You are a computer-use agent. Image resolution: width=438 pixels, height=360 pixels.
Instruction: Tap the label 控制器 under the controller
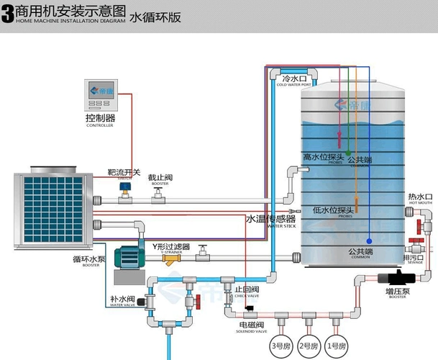tap(100, 117)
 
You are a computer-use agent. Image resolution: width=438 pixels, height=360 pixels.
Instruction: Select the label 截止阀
tap(160, 177)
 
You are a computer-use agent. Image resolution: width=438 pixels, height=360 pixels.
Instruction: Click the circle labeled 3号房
tap(278, 346)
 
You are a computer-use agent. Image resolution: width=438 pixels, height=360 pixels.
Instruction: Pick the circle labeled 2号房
tap(307, 346)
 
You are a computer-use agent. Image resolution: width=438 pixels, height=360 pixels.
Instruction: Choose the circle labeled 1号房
tap(336, 346)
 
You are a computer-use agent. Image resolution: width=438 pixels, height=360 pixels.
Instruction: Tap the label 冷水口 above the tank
tap(294, 78)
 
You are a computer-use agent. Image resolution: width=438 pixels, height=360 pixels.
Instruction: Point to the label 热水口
tap(419, 197)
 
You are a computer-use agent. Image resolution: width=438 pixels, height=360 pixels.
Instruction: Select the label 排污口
tap(414, 257)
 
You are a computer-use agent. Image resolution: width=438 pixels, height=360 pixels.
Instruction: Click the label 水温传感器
tap(270, 218)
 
